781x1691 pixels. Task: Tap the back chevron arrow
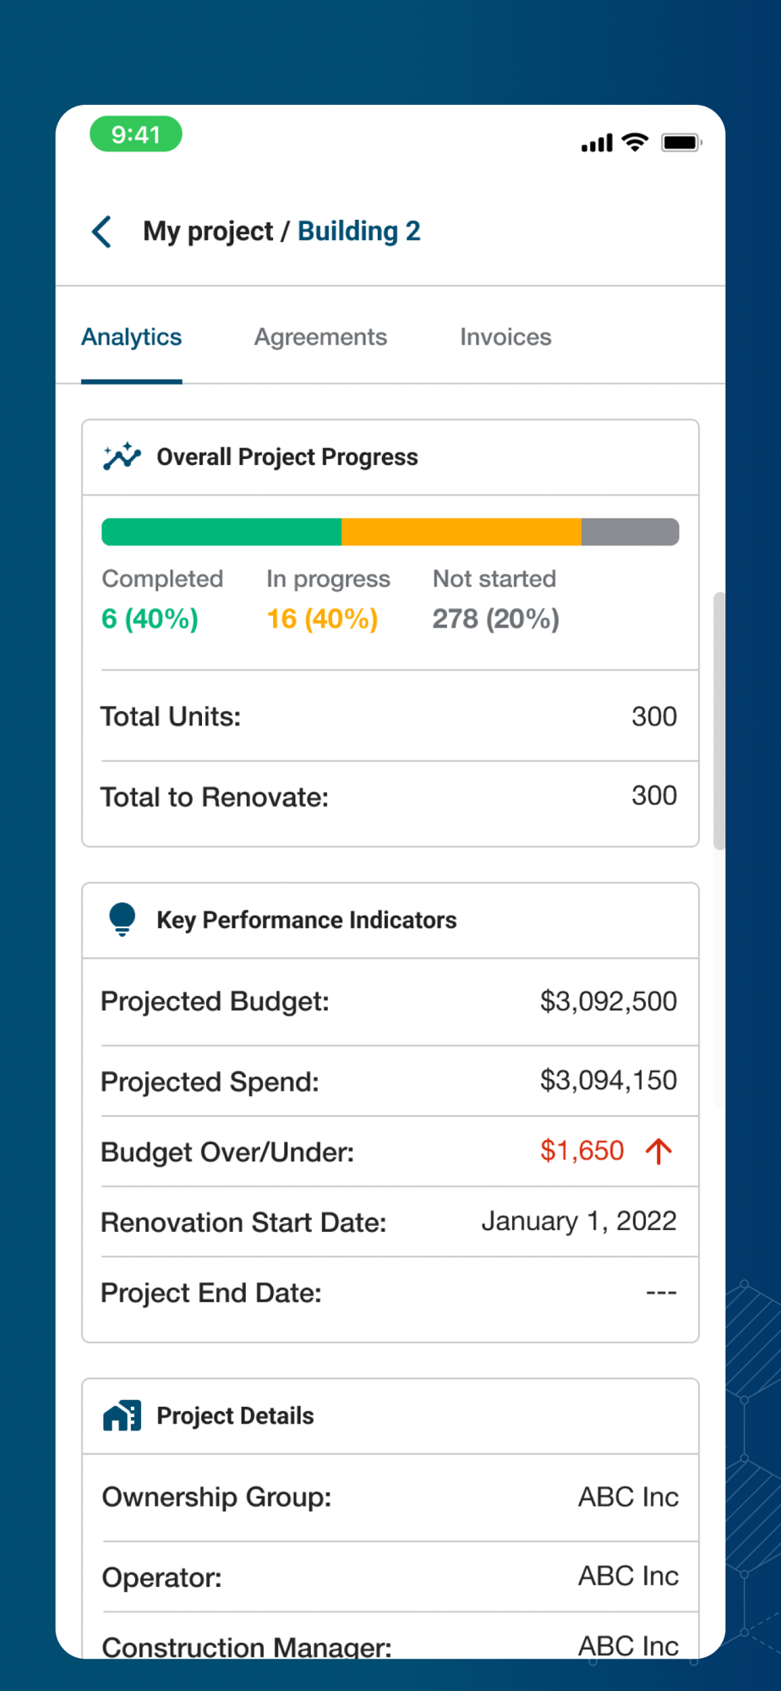[102, 232]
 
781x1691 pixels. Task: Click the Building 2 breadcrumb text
[358, 232]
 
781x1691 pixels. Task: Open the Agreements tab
[320, 337]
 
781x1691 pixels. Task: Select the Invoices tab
[505, 337]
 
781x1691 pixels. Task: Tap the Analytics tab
[132, 337]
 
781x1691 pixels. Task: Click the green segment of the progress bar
[221, 532]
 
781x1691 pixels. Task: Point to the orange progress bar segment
[461, 532]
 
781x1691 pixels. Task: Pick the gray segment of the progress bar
[630, 532]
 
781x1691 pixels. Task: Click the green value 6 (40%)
[150, 619]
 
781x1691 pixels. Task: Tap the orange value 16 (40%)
[322, 619]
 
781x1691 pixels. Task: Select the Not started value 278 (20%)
[495, 619]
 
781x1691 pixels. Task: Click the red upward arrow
[658, 1151]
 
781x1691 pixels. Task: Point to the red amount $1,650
[582, 1151]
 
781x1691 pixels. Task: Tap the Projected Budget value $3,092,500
[608, 1002]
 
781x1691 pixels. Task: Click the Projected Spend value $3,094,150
[608, 1081]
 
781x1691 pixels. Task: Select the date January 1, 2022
[578, 1222]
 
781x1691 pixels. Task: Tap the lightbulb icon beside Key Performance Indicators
[123, 919]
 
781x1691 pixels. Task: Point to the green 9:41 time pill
[136, 134]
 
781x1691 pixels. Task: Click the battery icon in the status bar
[681, 143]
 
